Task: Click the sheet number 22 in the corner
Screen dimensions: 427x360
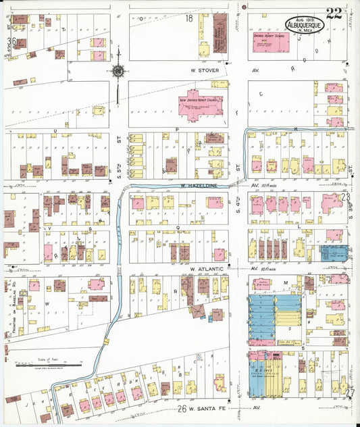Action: pyautogui.click(x=333, y=13)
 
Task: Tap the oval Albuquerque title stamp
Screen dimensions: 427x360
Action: pyautogui.click(x=305, y=24)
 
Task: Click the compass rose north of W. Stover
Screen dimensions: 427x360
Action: pyautogui.click(x=118, y=70)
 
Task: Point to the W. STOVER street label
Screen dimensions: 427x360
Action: pyautogui.click(x=206, y=69)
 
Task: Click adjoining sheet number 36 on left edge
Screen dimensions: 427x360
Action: pyautogui.click(x=11, y=41)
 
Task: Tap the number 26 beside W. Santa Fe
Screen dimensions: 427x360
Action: pyautogui.click(x=182, y=408)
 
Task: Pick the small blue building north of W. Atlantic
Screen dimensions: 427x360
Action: pyautogui.click(x=334, y=253)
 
